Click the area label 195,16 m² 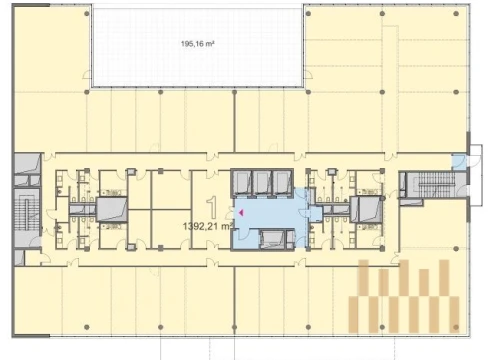pos(197,44)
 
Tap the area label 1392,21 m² pos(208,226)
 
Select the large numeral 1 pos(212,207)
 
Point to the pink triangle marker pos(241,212)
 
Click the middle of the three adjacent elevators pos(262,182)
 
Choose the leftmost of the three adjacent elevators pos(242,182)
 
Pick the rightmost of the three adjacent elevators pos(282,182)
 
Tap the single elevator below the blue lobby pos(272,239)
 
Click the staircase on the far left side pos(27,214)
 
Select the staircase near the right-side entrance pos(434,184)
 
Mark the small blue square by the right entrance pos(458,163)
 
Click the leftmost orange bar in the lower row pos(354,314)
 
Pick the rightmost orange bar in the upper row pos(444,278)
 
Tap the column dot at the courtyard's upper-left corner pos(87,14)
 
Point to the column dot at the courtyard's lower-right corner pos(308,92)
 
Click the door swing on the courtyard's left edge pos(88,74)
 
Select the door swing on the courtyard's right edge pos(308,74)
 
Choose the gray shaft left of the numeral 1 pos(112,209)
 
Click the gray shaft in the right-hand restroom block pos(366,209)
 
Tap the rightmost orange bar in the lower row pos(454,314)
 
